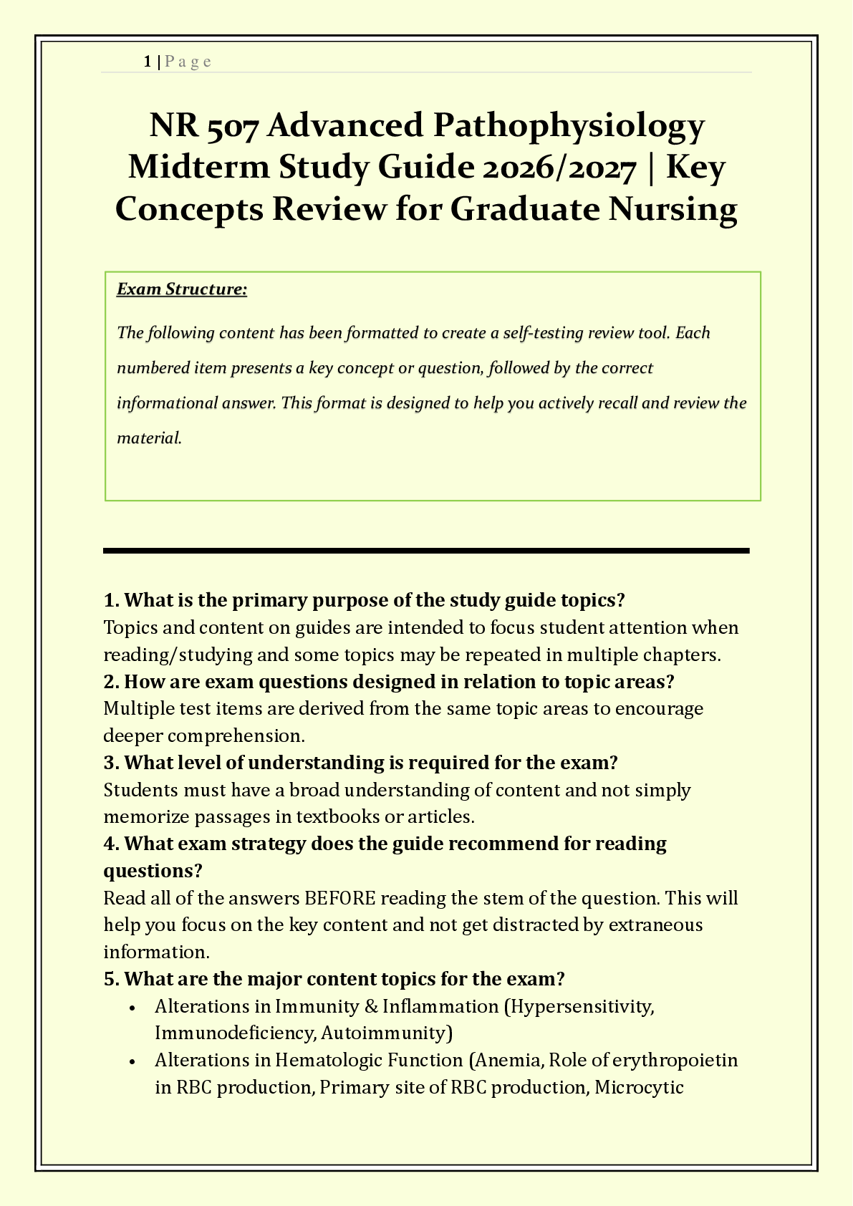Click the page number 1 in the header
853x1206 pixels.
coord(147,62)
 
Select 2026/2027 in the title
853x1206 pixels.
coord(559,168)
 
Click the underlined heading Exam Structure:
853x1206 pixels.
coord(182,289)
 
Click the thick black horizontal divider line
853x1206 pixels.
coord(426,551)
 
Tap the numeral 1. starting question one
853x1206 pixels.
coord(111,600)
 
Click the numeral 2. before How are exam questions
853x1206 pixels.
coord(111,682)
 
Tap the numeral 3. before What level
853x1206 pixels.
coord(111,763)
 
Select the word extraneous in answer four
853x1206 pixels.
coord(655,925)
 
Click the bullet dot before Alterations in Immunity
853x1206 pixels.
coord(132,1007)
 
